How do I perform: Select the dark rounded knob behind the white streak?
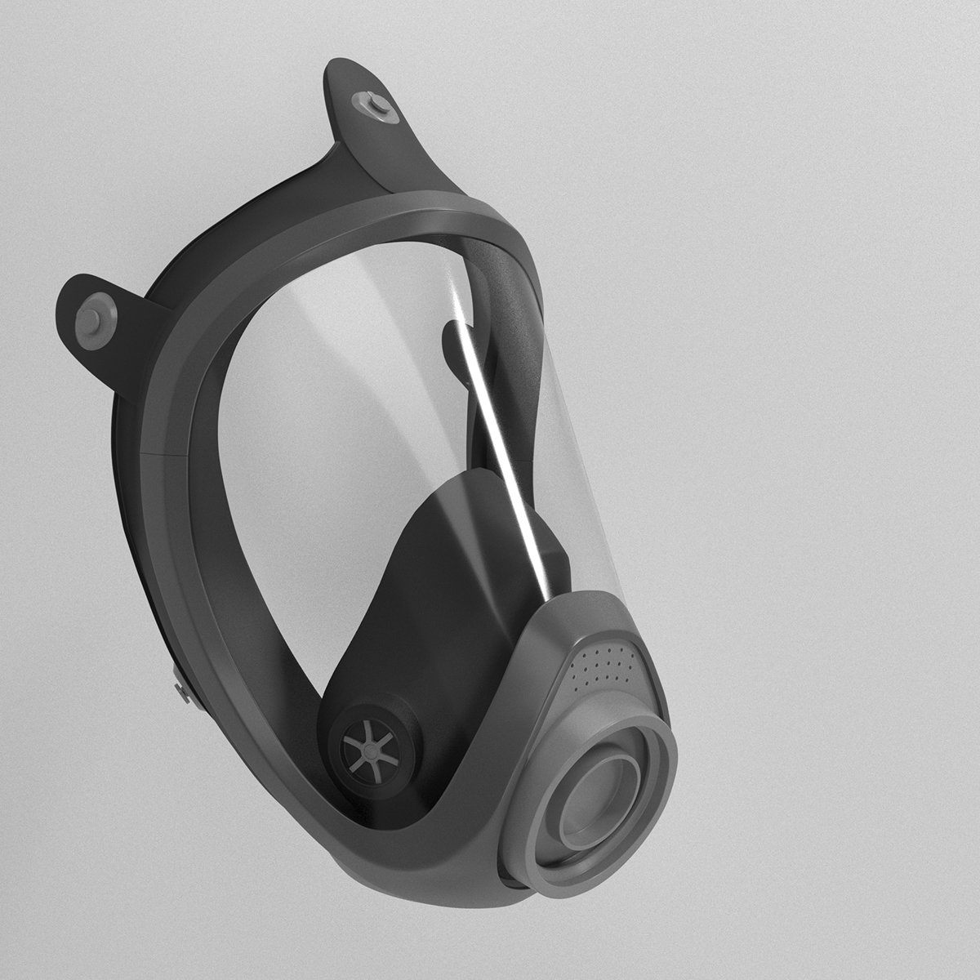[453, 343]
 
